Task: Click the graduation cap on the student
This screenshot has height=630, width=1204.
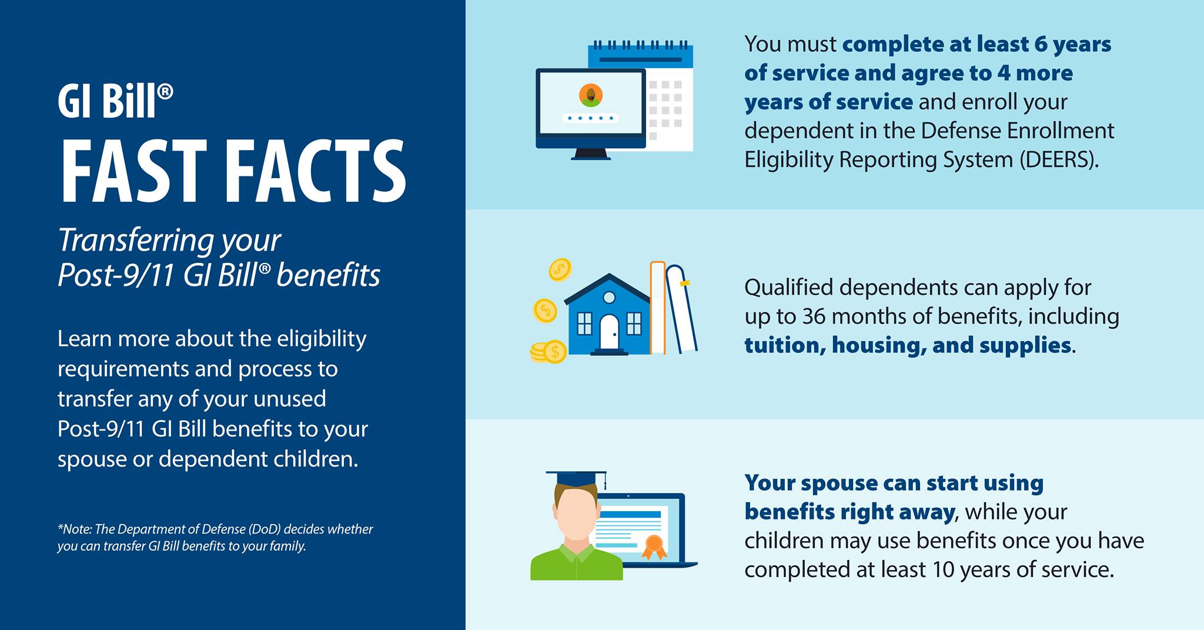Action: click(x=576, y=478)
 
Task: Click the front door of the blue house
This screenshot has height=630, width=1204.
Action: click(x=609, y=332)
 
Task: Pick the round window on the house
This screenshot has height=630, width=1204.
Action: click(x=609, y=298)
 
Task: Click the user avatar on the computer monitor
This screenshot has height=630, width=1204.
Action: click(x=590, y=95)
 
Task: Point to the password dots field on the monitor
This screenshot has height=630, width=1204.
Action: click(x=590, y=118)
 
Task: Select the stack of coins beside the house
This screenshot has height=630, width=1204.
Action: click(x=548, y=352)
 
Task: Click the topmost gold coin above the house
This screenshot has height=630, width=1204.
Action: click(x=560, y=270)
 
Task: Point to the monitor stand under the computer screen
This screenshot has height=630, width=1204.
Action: click(x=591, y=154)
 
